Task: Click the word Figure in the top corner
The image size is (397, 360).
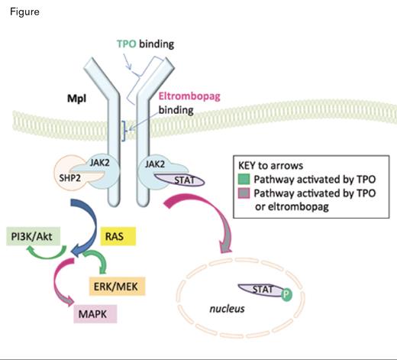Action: point(24,12)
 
